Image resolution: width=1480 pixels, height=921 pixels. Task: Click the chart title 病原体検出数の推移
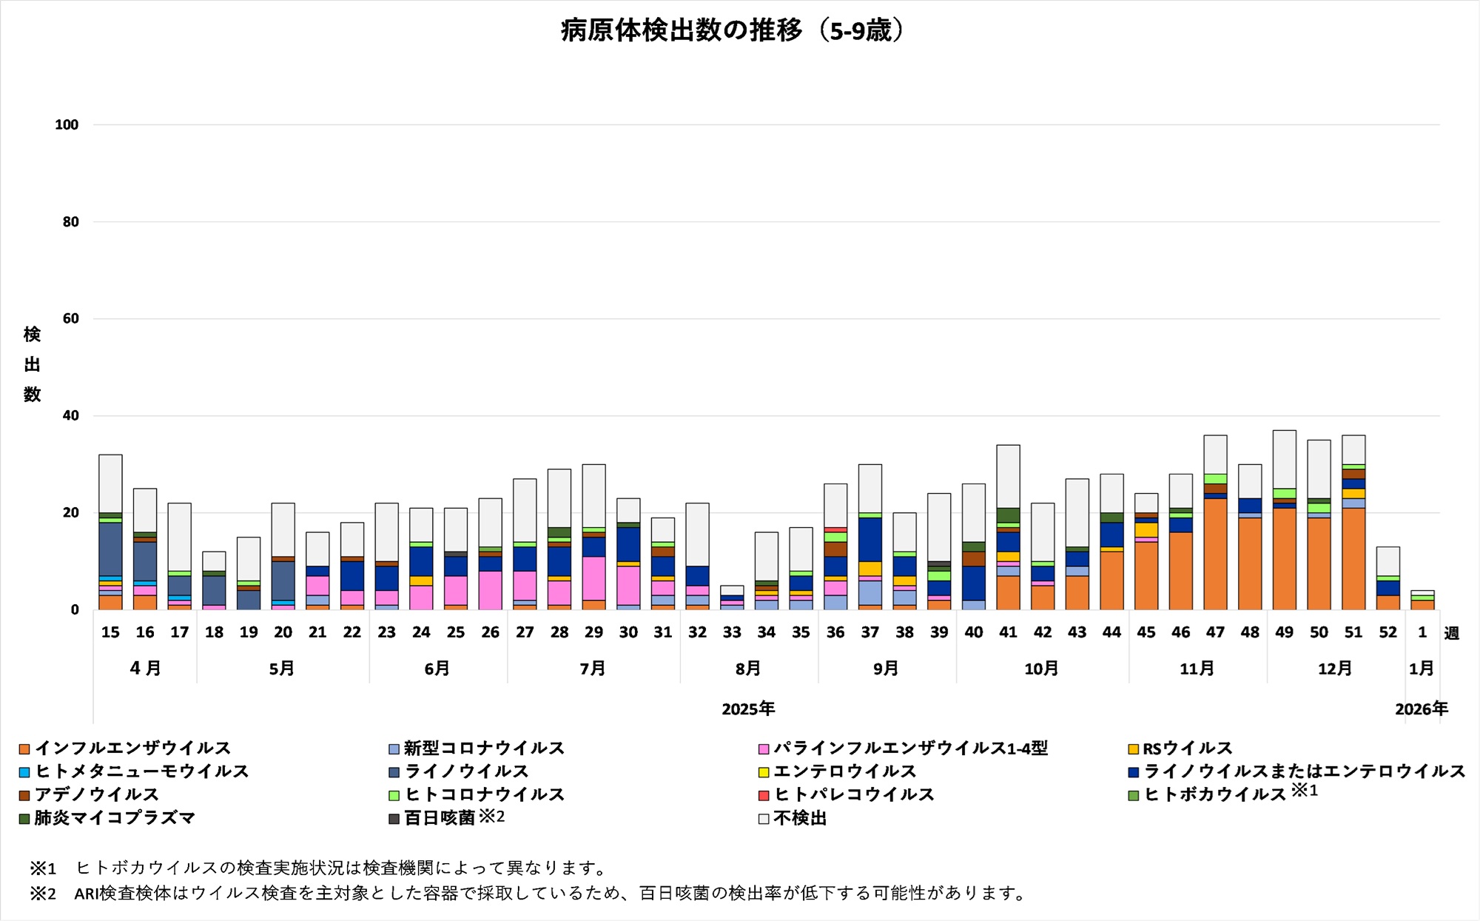point(733,31)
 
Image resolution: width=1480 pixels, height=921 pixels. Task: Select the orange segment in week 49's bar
point(1284,558)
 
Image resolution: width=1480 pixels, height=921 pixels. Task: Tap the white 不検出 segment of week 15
point(110,483)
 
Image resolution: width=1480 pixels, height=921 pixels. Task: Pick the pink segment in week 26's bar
point(490,590)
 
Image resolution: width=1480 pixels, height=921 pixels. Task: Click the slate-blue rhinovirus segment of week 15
point(110,549)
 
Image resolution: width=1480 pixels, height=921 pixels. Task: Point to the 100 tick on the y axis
point(67,125)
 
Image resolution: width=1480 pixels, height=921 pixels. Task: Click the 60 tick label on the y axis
point(70,318)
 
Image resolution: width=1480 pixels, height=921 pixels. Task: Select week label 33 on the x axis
point(732,632)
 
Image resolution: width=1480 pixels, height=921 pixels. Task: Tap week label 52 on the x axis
point(1387,632)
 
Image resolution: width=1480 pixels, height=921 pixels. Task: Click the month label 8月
point(748,669)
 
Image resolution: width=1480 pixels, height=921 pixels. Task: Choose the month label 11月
point(1197,669)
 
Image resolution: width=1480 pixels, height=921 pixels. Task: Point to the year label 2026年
point(1421,709)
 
